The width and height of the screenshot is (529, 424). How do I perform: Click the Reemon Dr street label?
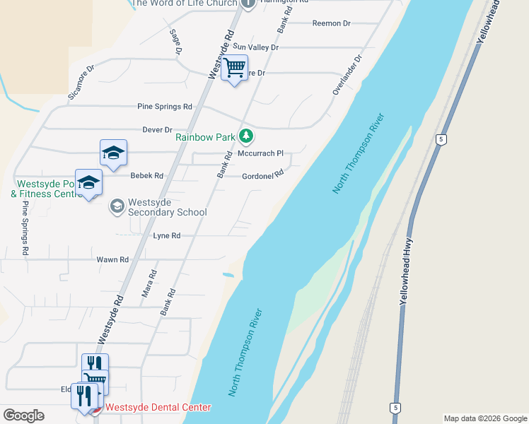[332, 23]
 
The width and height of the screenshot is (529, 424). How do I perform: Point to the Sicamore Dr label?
[81, 83]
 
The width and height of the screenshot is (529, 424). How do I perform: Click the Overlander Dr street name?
[347, 76]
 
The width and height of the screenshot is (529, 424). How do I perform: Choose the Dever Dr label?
[157, 130]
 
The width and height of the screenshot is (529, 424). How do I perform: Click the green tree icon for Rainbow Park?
[246, 135]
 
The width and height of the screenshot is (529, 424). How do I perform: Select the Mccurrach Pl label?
[260, 153]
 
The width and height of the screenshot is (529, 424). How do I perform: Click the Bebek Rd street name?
[146, 176]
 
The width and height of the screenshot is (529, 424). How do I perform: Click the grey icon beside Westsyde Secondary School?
[117, 206]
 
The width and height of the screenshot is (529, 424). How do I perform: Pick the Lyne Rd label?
[165, 235]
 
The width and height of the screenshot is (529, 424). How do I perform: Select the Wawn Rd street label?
[112, 259]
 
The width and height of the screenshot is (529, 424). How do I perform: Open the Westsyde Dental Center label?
[158, 408]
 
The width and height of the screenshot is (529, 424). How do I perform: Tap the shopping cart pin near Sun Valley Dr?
[234, 69]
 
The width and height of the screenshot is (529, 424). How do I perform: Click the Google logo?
[23, 416]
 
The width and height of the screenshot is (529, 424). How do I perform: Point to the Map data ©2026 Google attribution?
[484, 418]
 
